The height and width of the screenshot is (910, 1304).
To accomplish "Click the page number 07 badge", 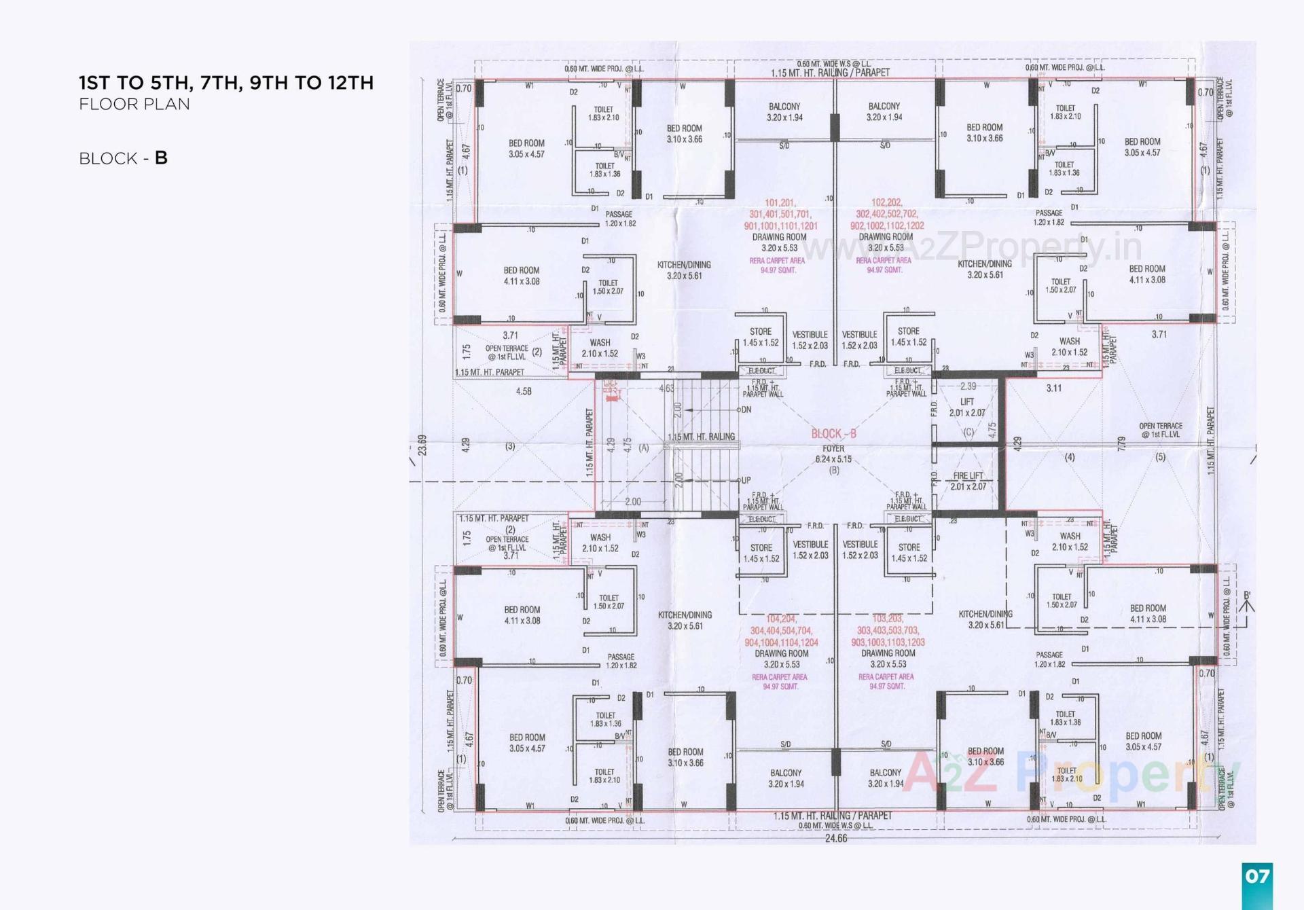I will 1256,876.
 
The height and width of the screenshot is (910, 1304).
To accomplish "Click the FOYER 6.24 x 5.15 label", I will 833,454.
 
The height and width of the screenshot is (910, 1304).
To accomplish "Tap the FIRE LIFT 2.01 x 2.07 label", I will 968,481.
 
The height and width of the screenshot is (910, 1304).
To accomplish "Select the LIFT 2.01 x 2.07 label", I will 967,407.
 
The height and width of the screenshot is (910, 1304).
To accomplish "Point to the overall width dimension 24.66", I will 836,838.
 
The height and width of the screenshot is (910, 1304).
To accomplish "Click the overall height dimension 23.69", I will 422,445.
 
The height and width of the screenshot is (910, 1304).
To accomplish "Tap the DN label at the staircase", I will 746,409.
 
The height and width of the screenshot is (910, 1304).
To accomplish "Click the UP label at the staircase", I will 746,480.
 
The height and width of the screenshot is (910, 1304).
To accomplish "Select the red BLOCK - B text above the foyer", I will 833,433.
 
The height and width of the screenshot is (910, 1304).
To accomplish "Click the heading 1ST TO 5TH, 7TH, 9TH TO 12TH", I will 226,83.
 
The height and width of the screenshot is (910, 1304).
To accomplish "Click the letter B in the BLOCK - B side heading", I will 161,158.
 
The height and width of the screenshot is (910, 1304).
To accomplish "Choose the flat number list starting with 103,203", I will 888,630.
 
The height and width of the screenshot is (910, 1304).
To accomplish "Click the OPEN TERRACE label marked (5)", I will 1160,431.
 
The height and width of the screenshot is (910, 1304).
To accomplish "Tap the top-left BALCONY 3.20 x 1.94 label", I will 784,112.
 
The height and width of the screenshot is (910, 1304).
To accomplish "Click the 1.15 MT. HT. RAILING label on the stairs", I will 702,437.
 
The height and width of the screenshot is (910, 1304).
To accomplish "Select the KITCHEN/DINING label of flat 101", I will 684,270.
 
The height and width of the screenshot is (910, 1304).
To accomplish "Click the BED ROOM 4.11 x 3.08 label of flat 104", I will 522,615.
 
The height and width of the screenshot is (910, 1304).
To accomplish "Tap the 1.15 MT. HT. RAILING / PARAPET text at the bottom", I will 832,816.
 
